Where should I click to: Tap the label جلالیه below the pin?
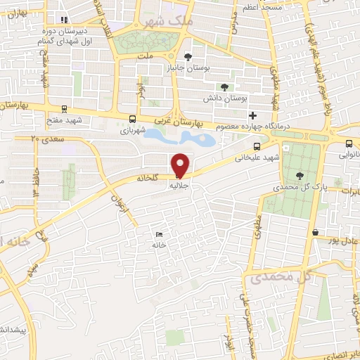click(180, 187)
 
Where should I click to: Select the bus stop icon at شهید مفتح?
click(65, 109)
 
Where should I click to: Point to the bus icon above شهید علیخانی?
click(257, 146)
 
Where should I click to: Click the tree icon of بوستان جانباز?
click(187, 57)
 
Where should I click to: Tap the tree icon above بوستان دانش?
click(224, 87)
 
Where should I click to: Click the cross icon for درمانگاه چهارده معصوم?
click(253, 115)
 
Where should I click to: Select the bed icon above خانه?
click(159, 234)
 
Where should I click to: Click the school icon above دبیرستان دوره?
click(64, 20)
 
